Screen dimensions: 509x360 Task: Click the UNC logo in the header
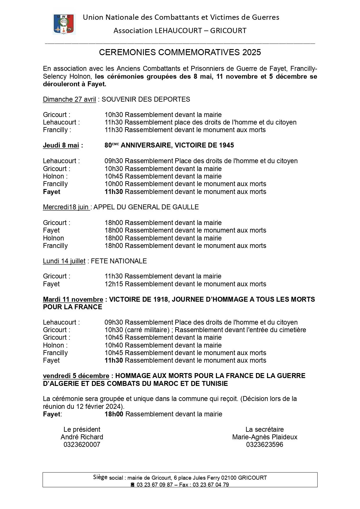tap(64, 24)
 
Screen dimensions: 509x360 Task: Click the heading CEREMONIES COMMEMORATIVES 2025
tap(180, 52)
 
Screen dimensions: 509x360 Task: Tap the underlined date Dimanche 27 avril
tap(69, 99)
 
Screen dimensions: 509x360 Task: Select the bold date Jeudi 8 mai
tap(61, 145)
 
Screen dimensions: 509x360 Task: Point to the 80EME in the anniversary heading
tap(112, 145)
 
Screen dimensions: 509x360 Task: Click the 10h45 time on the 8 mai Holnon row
tap(114, 176)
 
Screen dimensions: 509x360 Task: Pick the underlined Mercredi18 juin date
tap(66, 207)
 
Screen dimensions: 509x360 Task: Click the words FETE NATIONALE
tap(119, 261)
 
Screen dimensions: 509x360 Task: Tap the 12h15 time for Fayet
tap(114, 284)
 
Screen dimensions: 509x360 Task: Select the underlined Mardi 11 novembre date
tap(73, 299)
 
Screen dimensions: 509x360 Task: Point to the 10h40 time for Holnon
tap(114, 345)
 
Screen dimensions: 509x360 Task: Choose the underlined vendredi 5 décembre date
tap(76, 376)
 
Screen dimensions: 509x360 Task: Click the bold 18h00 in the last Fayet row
tap(114, 414)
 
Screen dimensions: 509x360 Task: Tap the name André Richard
tap(82, 437)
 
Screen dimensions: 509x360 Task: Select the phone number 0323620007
tap(82, 445)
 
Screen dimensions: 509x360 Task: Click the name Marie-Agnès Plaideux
tap(264, 437)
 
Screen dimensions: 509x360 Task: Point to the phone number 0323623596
tap(264, 445)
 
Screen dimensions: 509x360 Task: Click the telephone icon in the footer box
tap(133, 485)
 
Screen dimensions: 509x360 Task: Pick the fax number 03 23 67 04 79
tap(210, 485)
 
